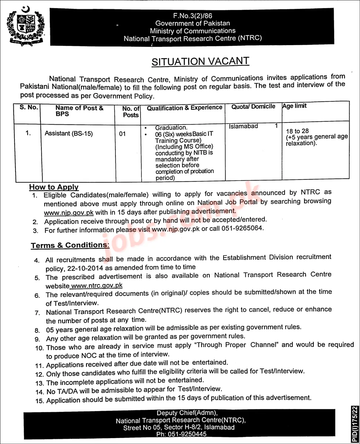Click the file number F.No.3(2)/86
[192, 16]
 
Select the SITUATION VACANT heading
[200, 61]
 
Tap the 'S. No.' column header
[28, 108]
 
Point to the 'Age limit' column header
[295, 106]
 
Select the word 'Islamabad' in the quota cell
[243, 127]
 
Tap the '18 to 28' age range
[295, 131]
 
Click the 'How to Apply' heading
[54, 187]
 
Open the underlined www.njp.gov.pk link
[68, 213]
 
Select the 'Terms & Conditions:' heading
[70, 245]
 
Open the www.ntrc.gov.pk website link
[96, 286]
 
